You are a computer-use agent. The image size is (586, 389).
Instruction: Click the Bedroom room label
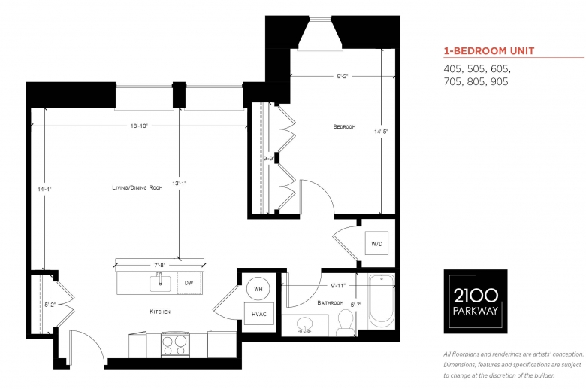pos(344,126)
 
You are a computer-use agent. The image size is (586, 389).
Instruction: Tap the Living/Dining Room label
pos(137,187)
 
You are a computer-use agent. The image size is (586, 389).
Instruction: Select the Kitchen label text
pos(160,312)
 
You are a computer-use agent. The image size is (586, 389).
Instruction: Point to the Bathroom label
pos(330,302)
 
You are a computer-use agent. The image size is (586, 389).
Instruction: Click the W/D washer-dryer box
pos(376,243)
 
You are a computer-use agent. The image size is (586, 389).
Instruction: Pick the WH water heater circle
pos(258,289)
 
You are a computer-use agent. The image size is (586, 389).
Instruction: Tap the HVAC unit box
pos(258,314)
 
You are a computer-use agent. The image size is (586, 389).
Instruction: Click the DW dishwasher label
pos(189,283)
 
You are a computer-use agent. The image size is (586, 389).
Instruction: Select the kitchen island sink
pos(160,283)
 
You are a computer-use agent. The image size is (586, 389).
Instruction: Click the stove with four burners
pos(175,344)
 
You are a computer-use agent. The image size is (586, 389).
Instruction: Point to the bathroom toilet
pos(345,322)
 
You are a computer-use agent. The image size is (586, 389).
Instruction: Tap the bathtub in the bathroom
pos(381,301)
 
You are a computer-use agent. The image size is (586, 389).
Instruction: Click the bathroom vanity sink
pos(305,324)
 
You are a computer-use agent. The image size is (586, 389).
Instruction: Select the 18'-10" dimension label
pos(139,126)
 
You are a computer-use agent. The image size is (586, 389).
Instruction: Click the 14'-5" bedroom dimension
pos(381,132)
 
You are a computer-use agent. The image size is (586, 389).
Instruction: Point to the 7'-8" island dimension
pos(159,265)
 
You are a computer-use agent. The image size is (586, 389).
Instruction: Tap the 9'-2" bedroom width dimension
pos(343,77)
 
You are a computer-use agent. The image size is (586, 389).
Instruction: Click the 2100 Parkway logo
pos(476,301)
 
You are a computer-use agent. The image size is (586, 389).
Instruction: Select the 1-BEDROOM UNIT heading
pos(489,51)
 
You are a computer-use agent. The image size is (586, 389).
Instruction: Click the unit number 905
pos(500,81)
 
